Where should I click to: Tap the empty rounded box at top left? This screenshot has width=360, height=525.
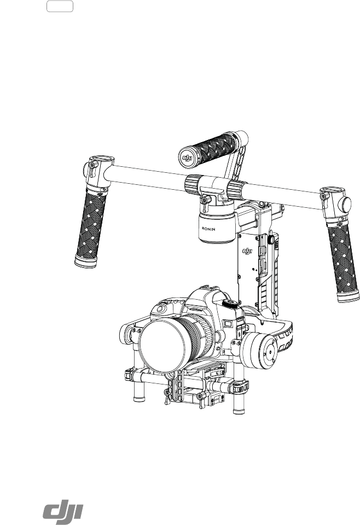pyautogui.click(x=60, y=7)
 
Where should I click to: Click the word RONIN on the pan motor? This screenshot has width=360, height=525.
pyautogui.click(x=208, y=229)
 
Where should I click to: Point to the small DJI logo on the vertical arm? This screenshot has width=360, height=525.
pyautogui.click(x=247, y=251)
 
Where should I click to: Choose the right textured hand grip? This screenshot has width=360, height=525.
pyautogui.click(x=343, y=258)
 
